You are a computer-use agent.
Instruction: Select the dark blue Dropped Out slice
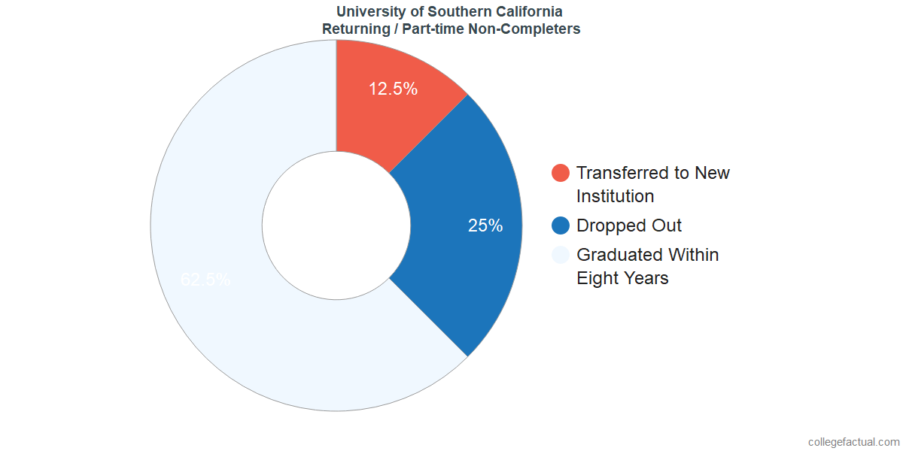pos(459,248)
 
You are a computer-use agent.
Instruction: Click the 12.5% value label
pos(393,89)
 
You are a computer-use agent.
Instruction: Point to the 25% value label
pos(485,225)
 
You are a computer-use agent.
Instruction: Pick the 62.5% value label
pos(205,280)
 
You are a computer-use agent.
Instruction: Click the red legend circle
pos(561,173)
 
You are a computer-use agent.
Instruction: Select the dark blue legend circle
pos(561,225)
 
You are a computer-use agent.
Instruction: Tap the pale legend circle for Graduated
pos(561,255)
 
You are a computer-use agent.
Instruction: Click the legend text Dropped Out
pos(629,225)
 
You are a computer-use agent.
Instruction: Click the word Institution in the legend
pos(615,196)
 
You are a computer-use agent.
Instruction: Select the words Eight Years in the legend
pos(622,278)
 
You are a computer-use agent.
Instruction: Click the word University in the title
pos(368,12)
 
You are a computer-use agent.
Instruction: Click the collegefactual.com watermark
pos(853,442)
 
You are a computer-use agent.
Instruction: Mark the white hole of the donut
pos(336,225)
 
